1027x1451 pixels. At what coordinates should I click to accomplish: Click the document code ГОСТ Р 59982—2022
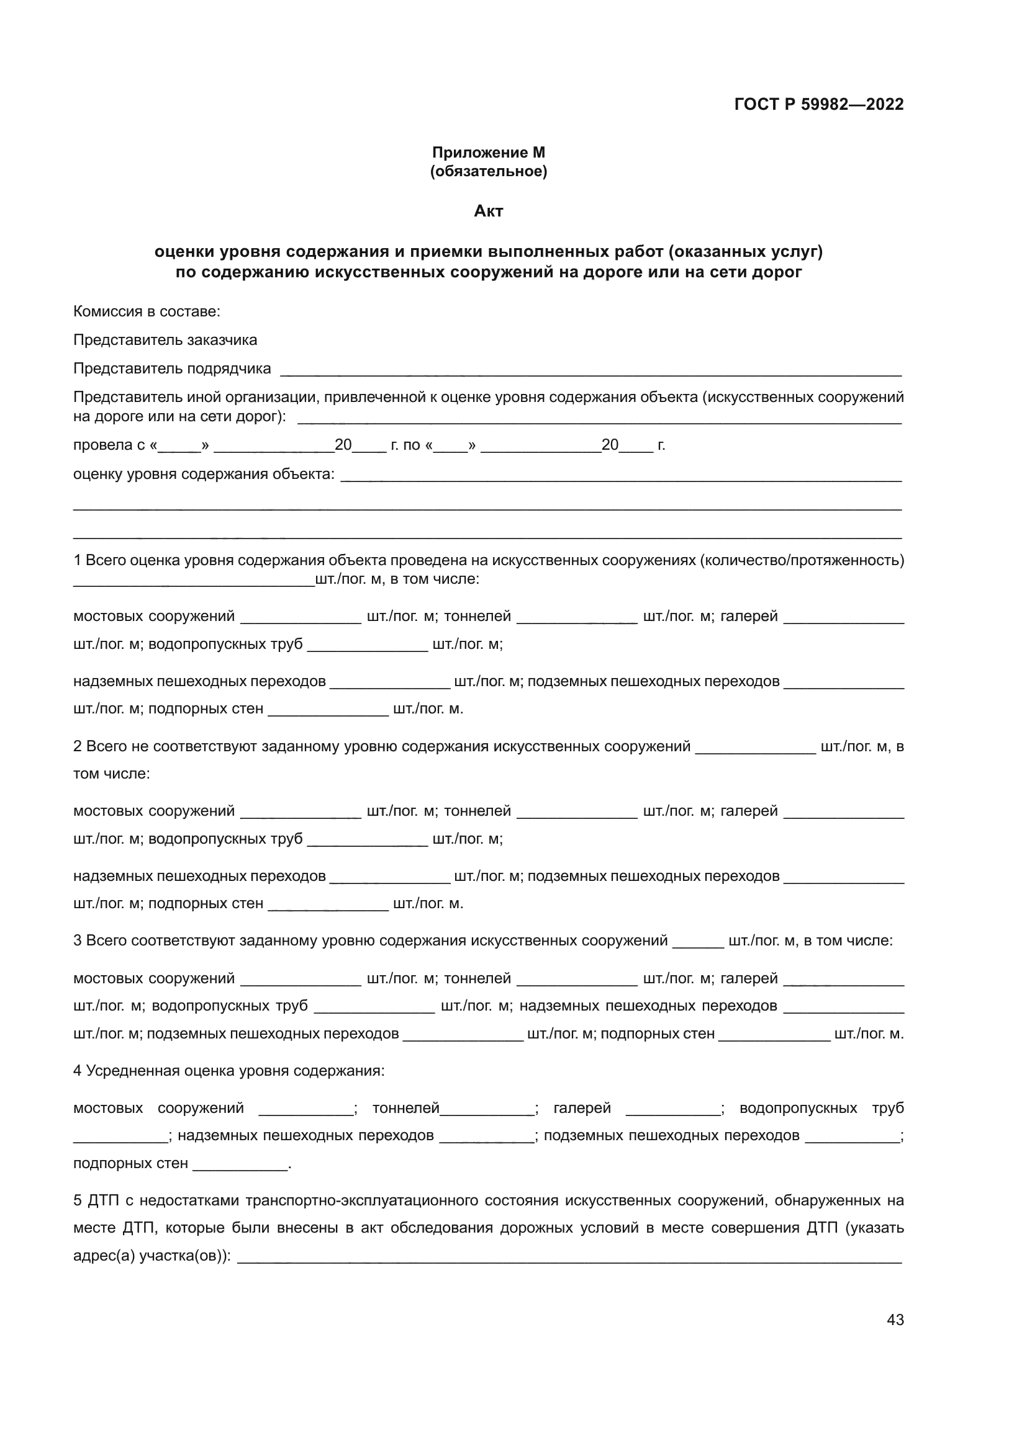coord(819,104)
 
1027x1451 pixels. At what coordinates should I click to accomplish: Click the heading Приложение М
coord(488,153)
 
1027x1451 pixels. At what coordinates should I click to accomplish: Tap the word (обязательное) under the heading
coord(488,171)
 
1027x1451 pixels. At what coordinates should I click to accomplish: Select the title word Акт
coord(488,211)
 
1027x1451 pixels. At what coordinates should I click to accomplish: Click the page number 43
coord(895,1319)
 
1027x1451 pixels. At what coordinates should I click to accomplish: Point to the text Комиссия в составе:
coord(147,311)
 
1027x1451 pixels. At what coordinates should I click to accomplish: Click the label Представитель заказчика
coord(165,340)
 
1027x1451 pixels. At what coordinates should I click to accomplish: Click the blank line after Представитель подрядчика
coord(590,371)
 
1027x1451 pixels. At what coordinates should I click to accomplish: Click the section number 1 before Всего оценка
coord(77,560)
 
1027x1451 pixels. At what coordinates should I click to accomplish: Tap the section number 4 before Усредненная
coord(77,1071)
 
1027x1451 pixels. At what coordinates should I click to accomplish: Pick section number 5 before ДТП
coord(77,1200)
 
